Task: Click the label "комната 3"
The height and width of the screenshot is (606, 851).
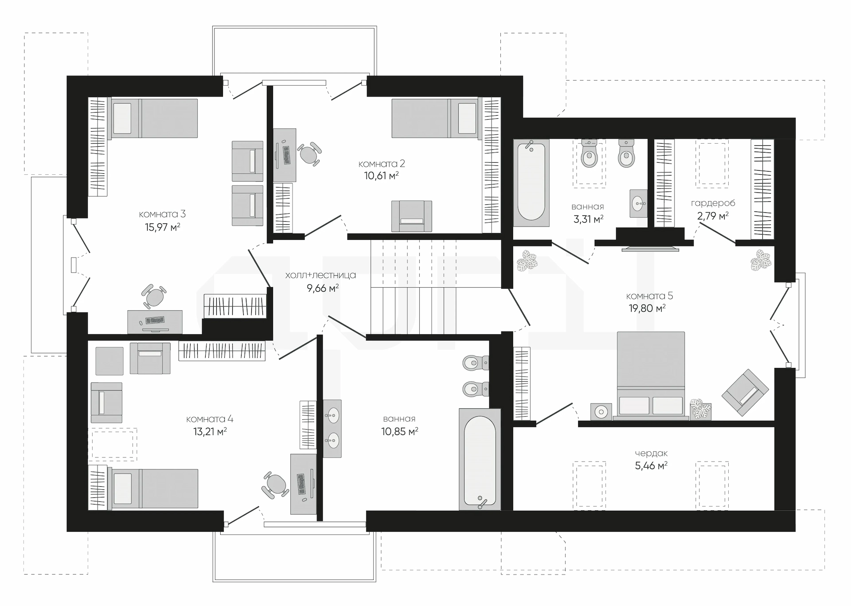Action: tap(162, 214)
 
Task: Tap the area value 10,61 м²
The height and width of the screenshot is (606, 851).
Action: tap(381, 176)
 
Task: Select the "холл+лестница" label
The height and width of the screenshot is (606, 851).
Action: tap(320, 275)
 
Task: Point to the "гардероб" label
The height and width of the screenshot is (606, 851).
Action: tap(713, 203)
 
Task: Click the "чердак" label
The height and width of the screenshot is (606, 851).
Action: tap(651, 454)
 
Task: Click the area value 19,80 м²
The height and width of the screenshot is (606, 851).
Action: tap(647, 308)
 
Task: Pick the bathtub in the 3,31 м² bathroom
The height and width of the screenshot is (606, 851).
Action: tap(531, 183)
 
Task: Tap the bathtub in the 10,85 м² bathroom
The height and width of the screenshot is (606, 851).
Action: tap(480, 459)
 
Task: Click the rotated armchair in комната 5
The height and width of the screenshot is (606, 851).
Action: tap(745, 392)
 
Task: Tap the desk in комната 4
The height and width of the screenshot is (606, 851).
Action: tap(304, 484)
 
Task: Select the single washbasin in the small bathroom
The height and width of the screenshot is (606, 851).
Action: tap(638, 204)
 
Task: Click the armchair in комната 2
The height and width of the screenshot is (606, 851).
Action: tap(412, 216)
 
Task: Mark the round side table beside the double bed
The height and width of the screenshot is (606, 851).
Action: tap(601, 412)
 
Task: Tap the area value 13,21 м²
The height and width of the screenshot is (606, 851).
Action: tap(210, 431)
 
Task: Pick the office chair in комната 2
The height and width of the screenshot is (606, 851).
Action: tap(309, 154)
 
